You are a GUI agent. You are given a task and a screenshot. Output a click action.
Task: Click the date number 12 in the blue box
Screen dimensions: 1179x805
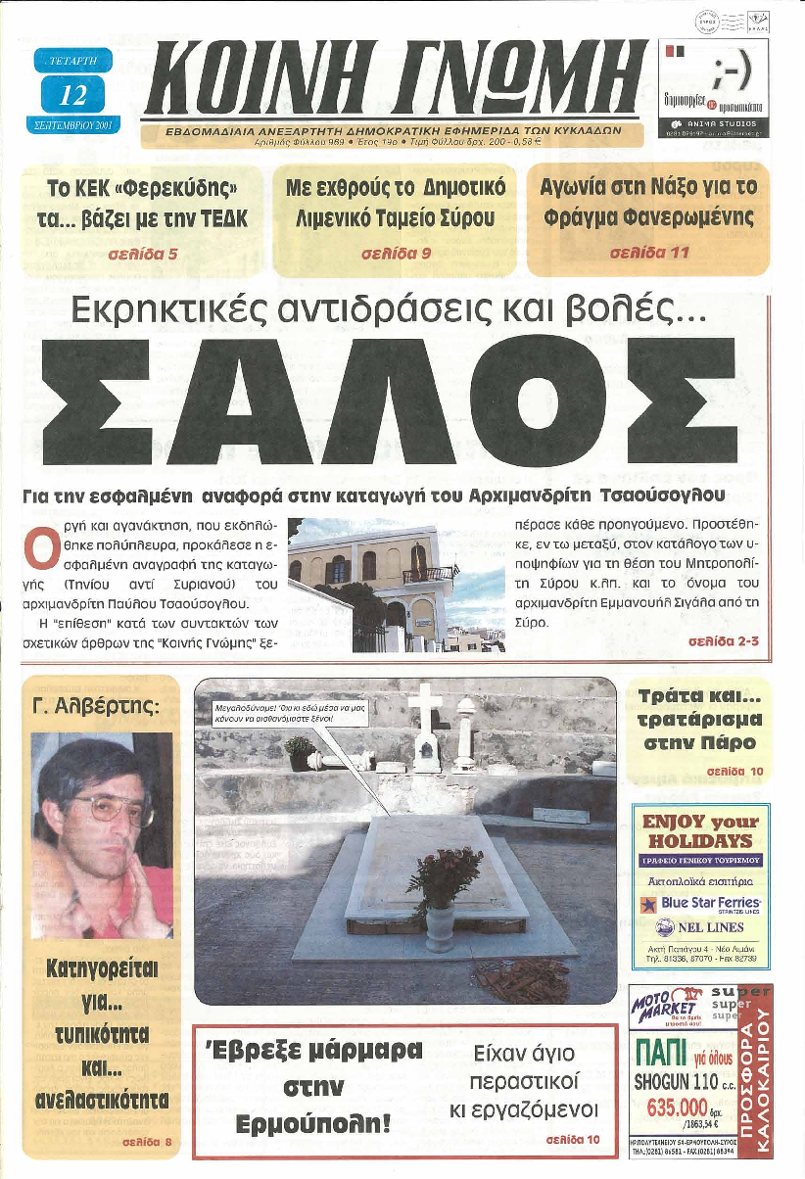click(71, 95)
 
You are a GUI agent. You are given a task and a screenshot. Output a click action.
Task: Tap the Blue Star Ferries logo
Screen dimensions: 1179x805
click(700, 902)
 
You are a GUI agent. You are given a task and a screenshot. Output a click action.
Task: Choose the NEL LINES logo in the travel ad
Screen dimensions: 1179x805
click(700, 927)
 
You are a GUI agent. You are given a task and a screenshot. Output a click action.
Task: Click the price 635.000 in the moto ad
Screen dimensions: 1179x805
click(677, 1107)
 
